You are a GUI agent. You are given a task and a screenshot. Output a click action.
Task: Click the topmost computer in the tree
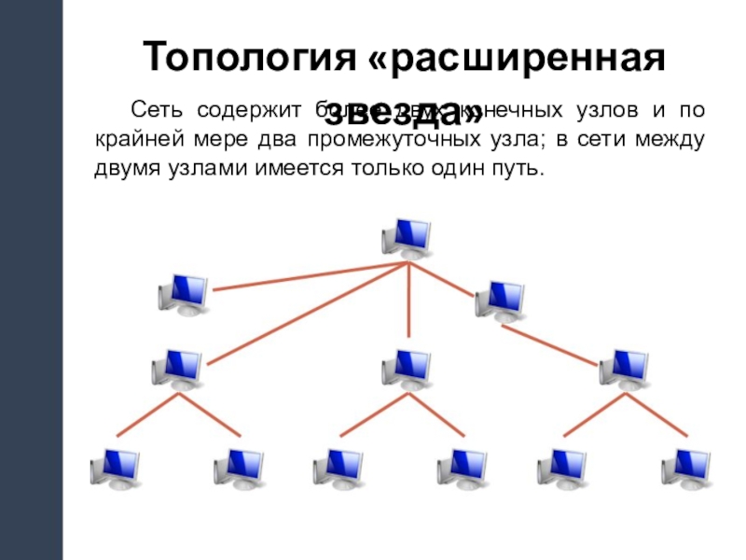pos(408,237)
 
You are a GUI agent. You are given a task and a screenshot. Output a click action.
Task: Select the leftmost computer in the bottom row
pos(116,469)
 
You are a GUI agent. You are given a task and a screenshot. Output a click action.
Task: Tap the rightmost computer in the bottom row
pos(686,469)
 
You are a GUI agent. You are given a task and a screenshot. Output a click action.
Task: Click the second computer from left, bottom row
pos(238,469)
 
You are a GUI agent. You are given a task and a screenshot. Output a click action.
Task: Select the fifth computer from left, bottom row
pos(564,469)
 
